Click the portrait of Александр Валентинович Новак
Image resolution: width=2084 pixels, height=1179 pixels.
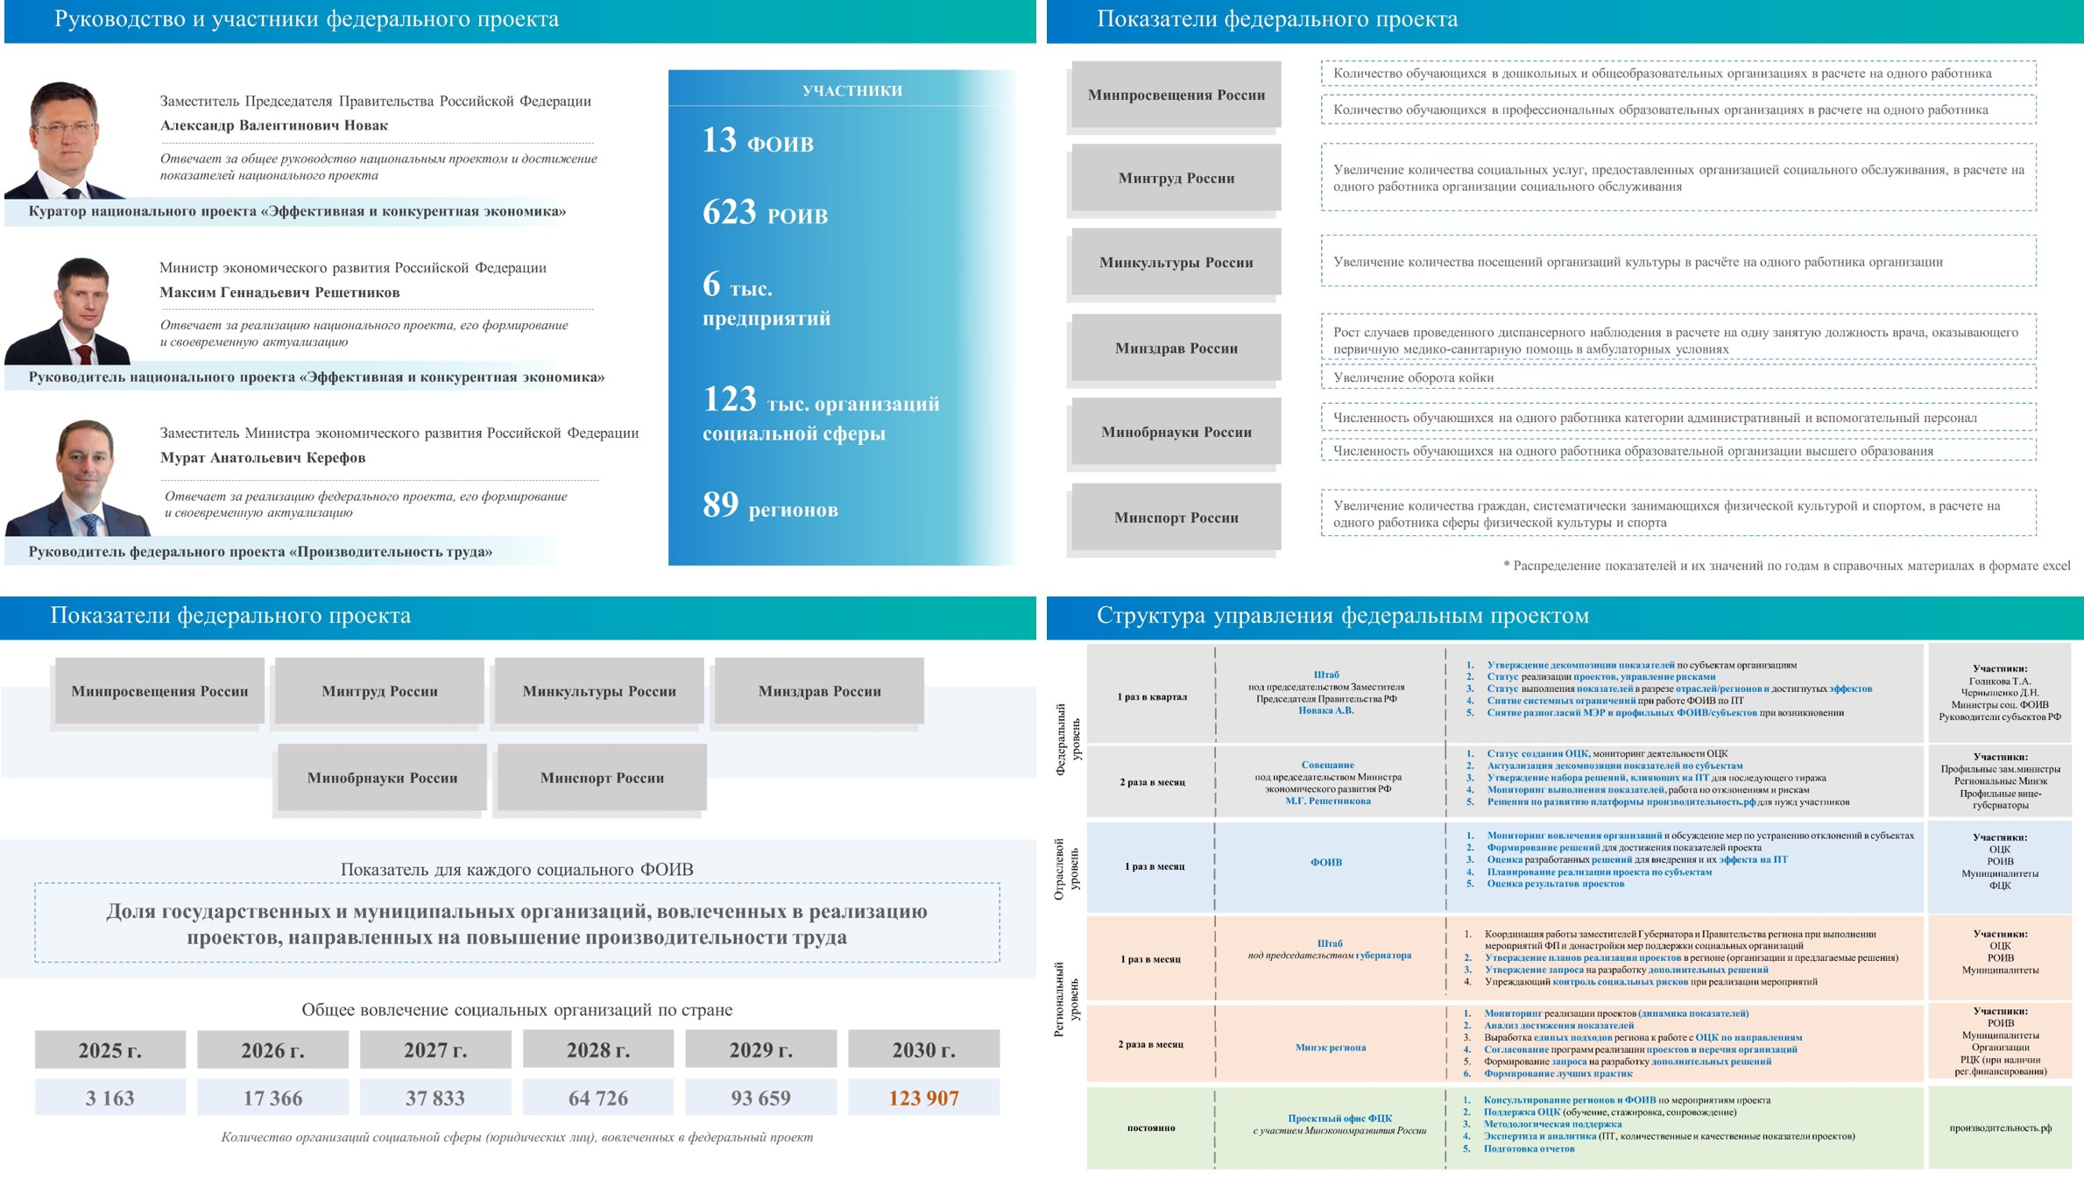pos(66,140)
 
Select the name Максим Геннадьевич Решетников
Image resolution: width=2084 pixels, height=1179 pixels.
pos(279,293)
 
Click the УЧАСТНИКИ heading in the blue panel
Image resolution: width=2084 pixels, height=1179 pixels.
pos(851,90)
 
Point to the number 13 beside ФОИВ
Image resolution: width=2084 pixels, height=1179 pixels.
pos(719,140)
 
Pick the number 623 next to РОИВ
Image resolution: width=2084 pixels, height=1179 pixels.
pos(729,212)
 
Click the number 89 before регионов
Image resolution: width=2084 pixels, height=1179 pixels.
pos(721,505)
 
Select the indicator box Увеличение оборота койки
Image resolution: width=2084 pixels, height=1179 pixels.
pos(1678,378)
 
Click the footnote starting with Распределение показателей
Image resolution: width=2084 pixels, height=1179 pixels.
pos(1787,566)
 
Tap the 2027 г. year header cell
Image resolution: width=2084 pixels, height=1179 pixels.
pos(435,1049)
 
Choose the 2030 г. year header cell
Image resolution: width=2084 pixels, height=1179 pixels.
pos(923,1049)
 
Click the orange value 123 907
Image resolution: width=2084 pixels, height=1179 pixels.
pos(923,1098)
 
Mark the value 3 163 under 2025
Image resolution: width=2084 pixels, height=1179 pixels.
pos(109,1098)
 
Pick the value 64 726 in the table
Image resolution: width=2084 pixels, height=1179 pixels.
pos(598,1098)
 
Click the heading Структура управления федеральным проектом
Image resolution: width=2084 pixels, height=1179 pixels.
pos(1342,616)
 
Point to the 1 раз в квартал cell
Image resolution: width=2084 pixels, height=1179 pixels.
pos(1152,697)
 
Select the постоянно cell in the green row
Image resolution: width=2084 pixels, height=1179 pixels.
pos(1150,1128)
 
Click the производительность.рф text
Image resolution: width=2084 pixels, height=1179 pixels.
pos(2000,1128)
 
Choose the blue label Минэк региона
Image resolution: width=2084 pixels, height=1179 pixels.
pos(1330,1048)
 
